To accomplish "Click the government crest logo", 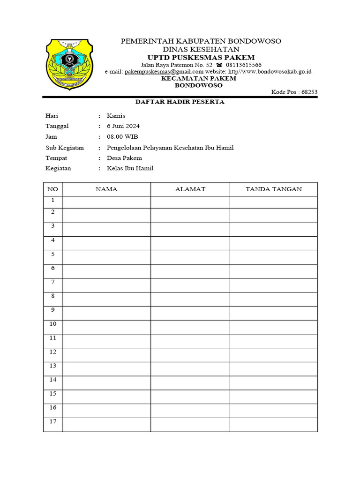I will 69,64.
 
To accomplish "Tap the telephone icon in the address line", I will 219,65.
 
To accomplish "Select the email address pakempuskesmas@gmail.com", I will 157,72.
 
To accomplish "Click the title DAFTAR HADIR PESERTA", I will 180,102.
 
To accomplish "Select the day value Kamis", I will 116,116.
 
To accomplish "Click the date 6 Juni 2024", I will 123,126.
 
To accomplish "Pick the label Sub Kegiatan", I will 65,148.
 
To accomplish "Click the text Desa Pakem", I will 124,158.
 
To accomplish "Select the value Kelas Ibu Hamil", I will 130,168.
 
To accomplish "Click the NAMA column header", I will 106,189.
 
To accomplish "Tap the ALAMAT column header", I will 190,189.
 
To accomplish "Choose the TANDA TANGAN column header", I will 274,189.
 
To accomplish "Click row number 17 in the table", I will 53,422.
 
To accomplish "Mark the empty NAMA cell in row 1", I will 106,202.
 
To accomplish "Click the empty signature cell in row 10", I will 274,327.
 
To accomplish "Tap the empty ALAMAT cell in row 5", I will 190,257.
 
